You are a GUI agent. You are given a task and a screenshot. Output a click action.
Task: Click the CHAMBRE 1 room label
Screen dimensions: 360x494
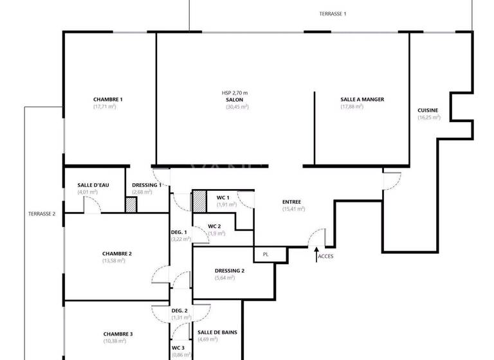click(x=107, y=100)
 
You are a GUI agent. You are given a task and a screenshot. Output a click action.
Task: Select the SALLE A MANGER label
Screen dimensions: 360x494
click(x=362, y=100)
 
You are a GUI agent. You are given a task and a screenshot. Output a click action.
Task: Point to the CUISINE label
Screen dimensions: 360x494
click(x=428, y=111)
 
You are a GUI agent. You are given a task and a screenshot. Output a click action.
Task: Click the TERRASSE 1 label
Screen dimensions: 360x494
click(x=333, y=14)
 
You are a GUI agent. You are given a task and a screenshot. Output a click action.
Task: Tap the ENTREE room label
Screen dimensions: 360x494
click(x=291, y=202)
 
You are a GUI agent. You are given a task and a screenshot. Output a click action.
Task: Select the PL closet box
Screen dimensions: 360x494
click(x=266, y=255)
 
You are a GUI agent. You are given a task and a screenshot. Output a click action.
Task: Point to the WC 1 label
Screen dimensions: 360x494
click(x=223, y=197)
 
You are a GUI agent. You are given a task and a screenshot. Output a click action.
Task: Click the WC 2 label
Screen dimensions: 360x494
click(x=215, y=226)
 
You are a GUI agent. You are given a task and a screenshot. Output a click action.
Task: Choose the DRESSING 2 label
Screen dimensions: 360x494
click(x=230, y=271)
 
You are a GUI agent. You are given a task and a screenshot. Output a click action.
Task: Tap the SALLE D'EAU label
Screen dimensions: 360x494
click(x=93, y=185)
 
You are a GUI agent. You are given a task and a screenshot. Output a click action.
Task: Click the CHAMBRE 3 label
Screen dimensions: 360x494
click(x=118, y=334)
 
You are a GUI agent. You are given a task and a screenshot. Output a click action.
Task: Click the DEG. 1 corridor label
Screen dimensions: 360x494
click(x=179, y=232)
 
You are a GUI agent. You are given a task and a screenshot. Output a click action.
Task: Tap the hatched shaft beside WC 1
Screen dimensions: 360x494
click(x=199, y=201)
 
